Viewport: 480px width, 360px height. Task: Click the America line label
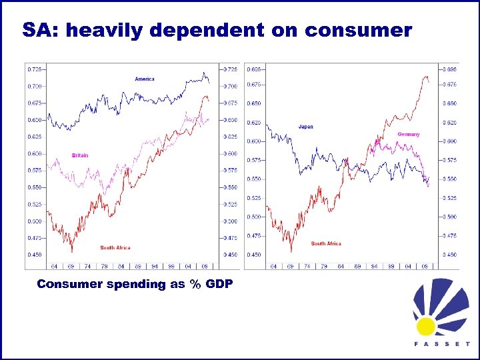pos(144,79)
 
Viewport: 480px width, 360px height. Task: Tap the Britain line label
pos(80,155)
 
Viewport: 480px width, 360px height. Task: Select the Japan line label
pos(305,127)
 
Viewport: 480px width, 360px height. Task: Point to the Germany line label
pos(409,135)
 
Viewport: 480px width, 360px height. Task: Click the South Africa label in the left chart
pos(115,248)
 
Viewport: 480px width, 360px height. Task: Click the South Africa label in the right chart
pos(326,244)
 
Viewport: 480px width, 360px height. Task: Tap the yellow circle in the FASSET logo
pos(425,326)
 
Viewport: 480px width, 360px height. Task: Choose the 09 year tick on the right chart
pos(424,265)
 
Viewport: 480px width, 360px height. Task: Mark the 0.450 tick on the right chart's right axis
pos(451,255)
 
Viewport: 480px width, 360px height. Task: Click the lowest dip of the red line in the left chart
pos(71,251)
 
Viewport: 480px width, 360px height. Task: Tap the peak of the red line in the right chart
pos(425,76)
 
